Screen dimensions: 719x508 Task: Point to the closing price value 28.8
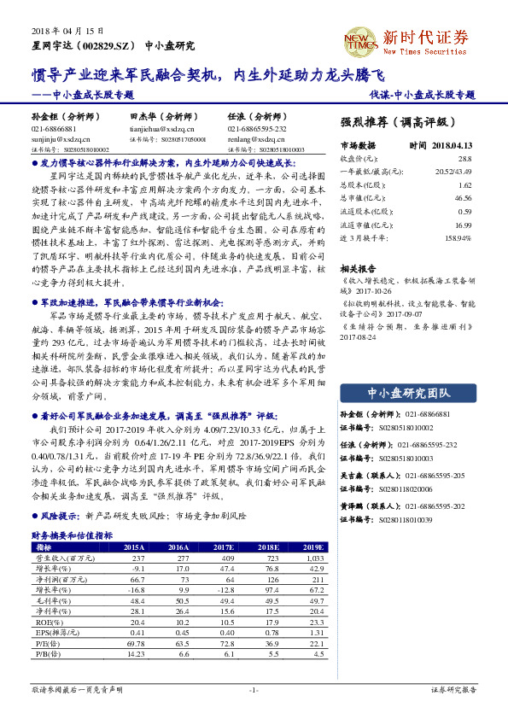(464, 159)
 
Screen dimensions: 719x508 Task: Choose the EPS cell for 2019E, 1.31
(315, 632)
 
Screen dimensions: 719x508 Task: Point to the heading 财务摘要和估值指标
(72, 535)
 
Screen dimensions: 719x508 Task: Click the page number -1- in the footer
(253, 688)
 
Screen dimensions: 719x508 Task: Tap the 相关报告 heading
(356, 267)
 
